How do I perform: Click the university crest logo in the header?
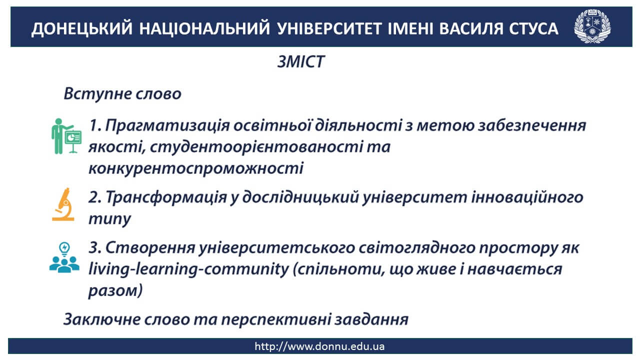tap(592, 26)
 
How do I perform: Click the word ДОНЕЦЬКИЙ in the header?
tap(82, 29)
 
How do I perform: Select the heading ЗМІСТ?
tap(301, 61)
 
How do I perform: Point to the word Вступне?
tap(97, 94)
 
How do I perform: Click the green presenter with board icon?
tap(66, 136)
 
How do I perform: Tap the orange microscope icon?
tap(63, 204)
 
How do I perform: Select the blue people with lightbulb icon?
tap(64, 257)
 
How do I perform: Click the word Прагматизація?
tap(167, 125)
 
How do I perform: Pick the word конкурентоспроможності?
tap(196, 168)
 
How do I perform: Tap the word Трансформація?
tap(166, 197)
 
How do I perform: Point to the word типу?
tap(109, 219)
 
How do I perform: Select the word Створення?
tap(150, 247)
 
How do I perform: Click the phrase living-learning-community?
tap(189, 269)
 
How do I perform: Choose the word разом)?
tap(115, 291)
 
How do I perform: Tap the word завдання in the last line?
tap(371, 319)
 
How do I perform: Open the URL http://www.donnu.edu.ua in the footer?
tap(319, 346)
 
